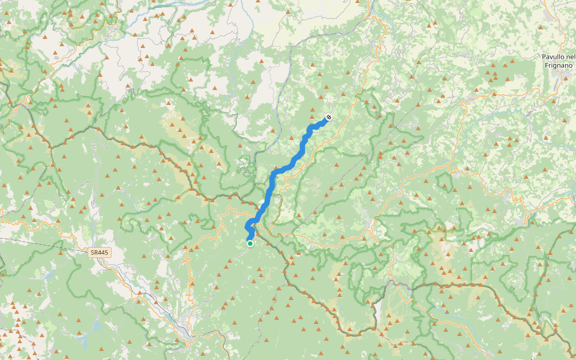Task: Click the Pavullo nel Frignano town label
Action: pos(558,60)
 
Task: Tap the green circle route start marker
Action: pos(250,243)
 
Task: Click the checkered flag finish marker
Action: pos(328,118)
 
